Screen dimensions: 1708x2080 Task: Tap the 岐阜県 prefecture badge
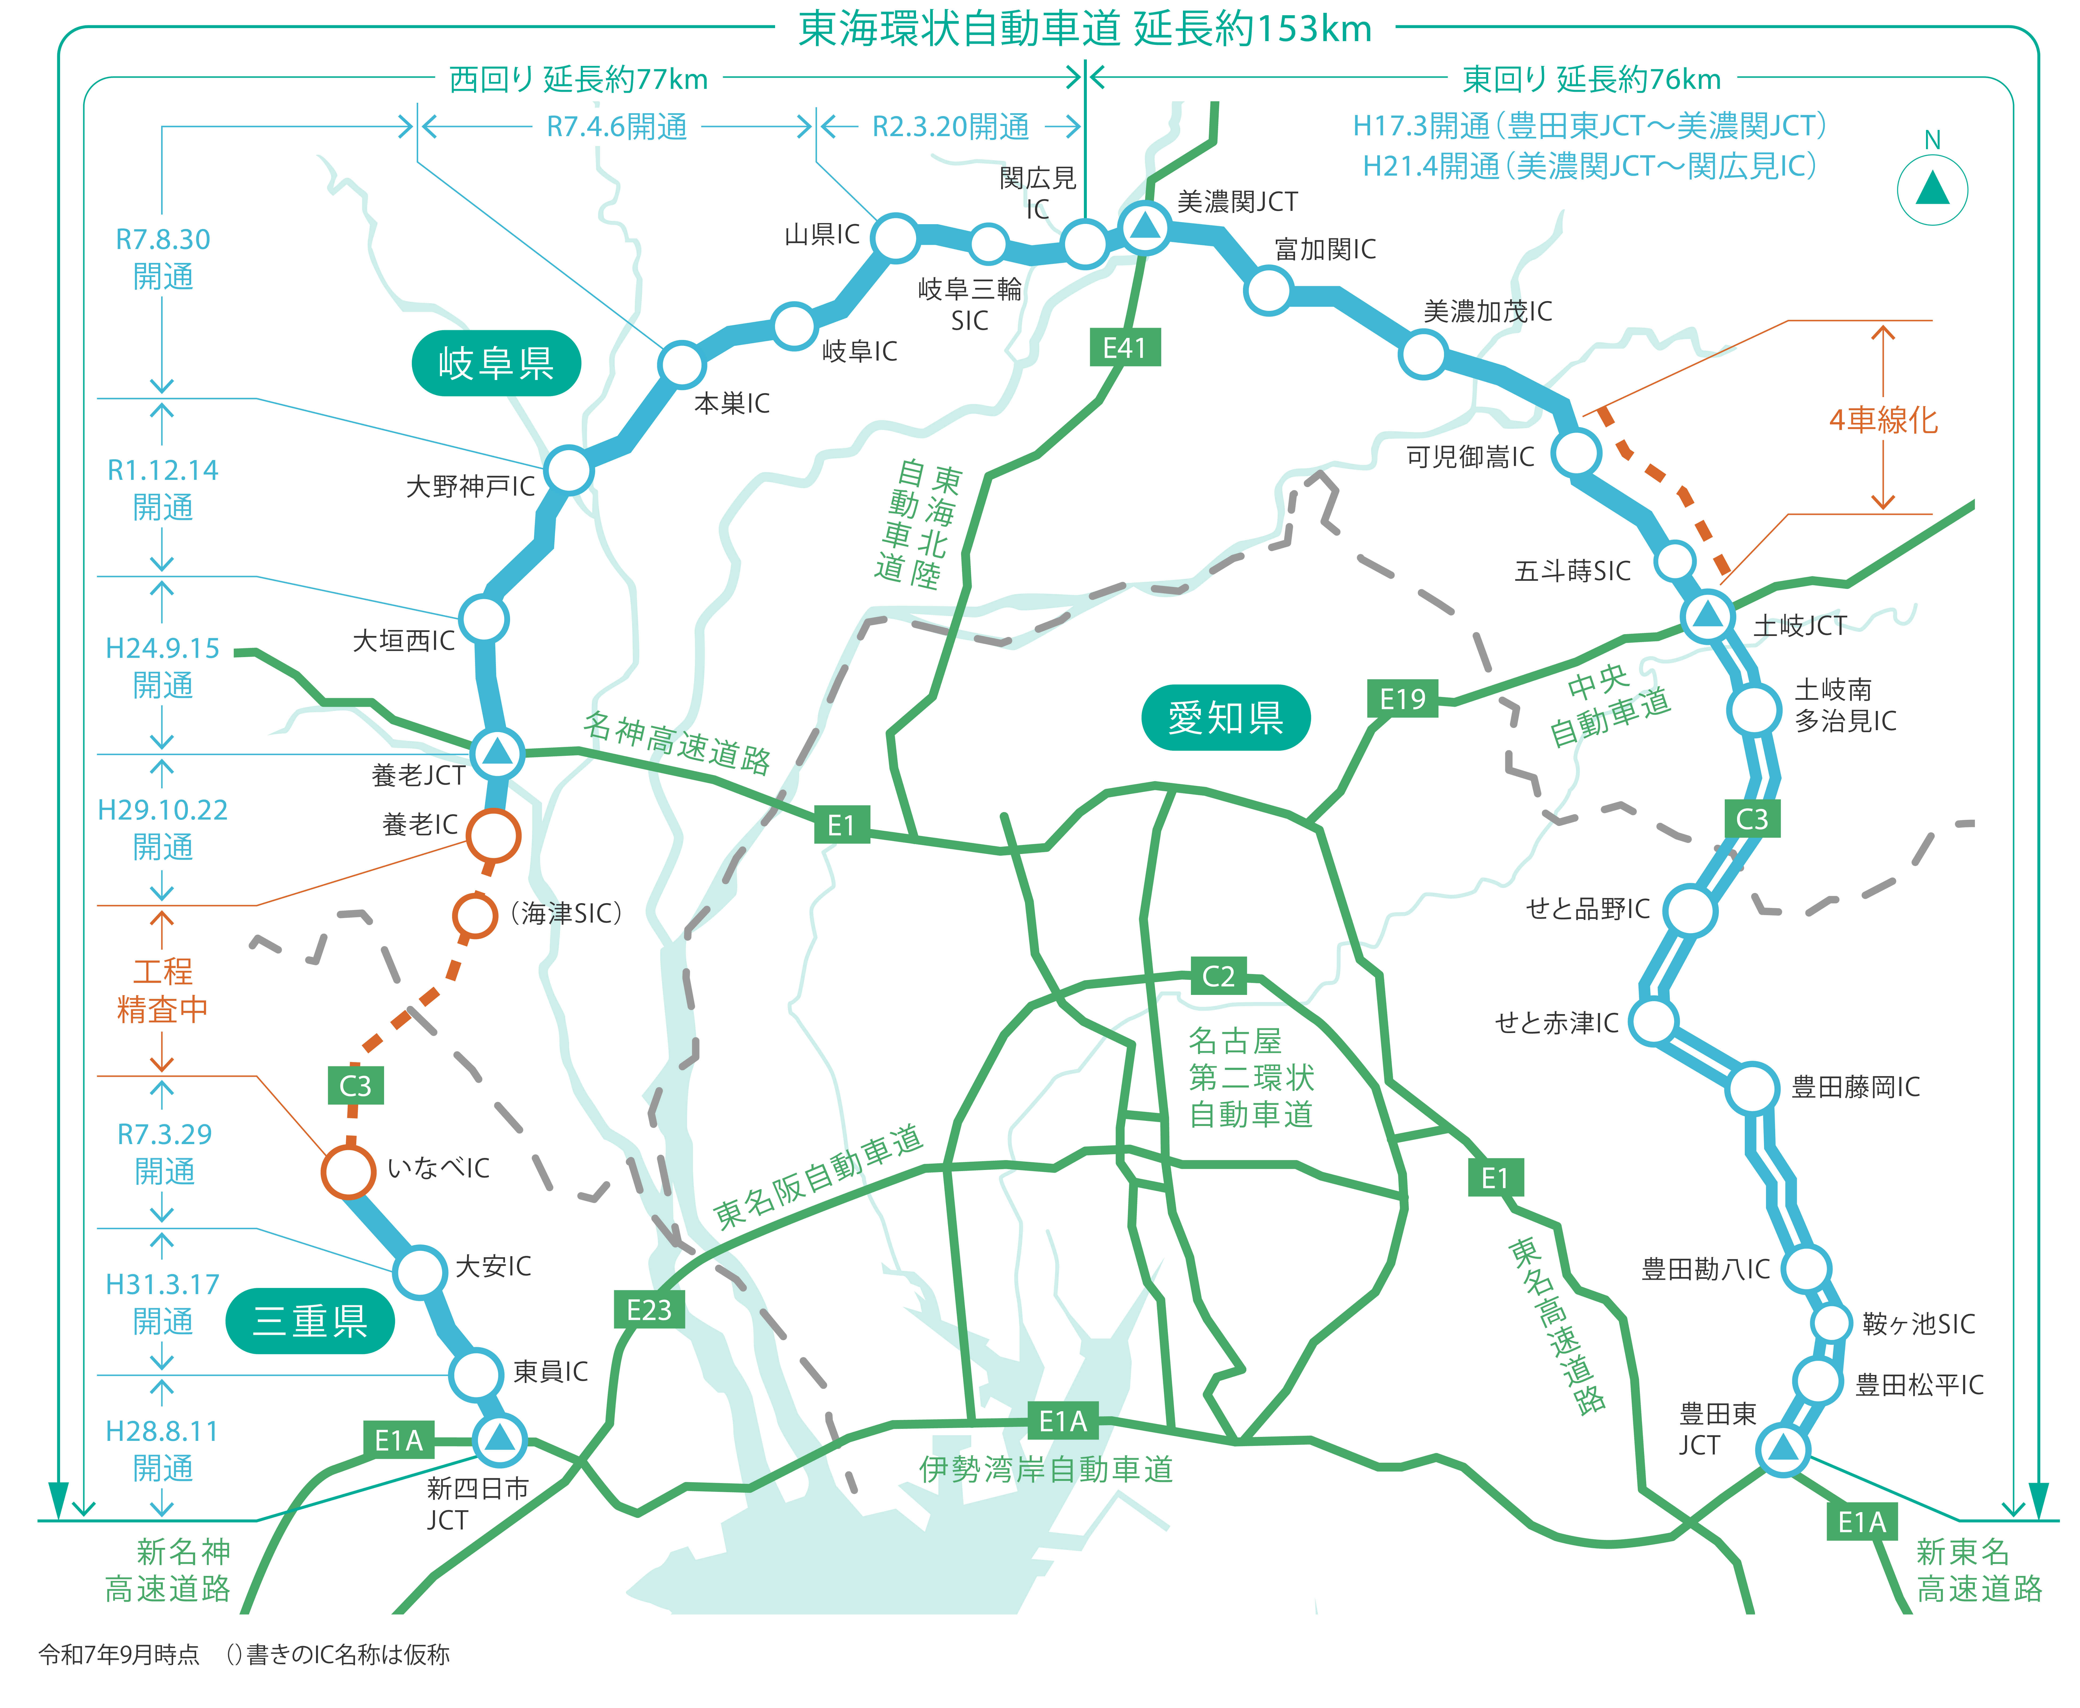click(x=496, y=363)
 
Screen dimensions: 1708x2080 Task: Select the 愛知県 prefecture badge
click(x=1225, y=717)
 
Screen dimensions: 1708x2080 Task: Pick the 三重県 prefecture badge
click(x=310, y=1320)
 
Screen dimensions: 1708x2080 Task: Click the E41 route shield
click(x=1125, y=347)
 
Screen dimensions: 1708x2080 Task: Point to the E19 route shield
click(x=1402, y=699)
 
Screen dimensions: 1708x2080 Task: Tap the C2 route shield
click(x=1218, y=976)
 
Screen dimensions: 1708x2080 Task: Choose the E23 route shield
click(x=648, y=1310)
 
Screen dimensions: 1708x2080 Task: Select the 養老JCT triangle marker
click(x=497, y=753)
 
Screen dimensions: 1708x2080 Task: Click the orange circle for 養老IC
click(x=493, y=834)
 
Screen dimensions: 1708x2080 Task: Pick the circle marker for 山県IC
click(x=895, y=237)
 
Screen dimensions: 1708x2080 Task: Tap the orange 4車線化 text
click(x=1882, y=420)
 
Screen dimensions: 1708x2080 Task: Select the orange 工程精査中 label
click(x=162, y=991)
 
